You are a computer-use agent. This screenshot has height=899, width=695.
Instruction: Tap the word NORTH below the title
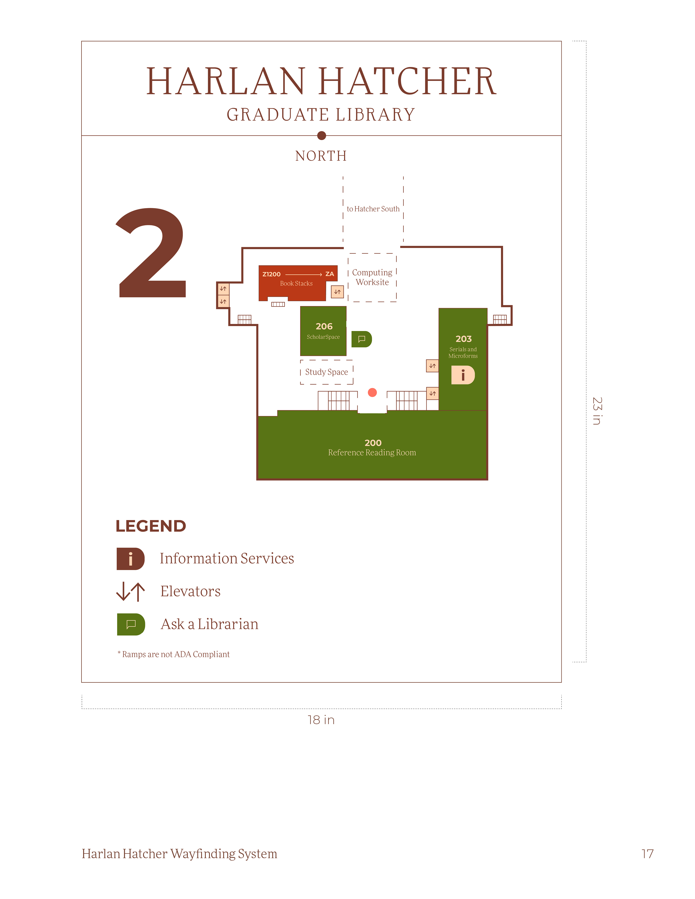(321, 156)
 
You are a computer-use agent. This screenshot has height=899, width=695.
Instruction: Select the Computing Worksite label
(372, 277)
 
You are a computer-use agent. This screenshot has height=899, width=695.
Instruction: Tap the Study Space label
(327, 372)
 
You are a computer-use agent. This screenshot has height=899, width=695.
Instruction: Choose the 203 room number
(463, 339)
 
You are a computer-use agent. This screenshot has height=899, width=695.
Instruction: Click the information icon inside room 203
(463, 375)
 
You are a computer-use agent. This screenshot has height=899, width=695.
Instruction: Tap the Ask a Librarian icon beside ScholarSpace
(361, 339)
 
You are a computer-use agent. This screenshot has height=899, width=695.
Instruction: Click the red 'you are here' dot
(372, 392)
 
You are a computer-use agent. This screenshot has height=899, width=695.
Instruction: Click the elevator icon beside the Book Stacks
(337, 292)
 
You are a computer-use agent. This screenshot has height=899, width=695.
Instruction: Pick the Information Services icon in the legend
(131, 558)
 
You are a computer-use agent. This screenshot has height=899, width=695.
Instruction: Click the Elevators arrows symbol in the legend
(131, 591)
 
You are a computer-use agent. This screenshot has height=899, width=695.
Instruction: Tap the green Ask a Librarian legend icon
(131, 624)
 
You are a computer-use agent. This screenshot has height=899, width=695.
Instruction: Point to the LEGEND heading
(151, 526)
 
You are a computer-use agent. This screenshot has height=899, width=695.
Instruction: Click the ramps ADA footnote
(174, 654)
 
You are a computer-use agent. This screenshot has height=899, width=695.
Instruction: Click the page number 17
(647, 854)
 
